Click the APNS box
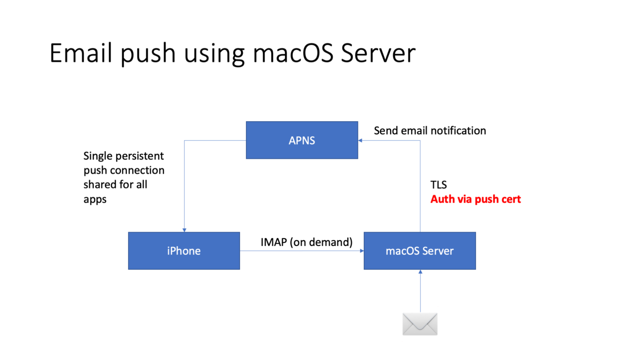(x=302, y=140)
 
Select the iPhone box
(x=184, y=250)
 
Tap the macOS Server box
(x=420, y=250)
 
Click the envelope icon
(x=420, y=324)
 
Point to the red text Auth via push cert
(x=475, y=199)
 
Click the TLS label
(x=438, y=185)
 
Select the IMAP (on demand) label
(x=306, y=242)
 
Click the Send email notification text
(x=430, y=130)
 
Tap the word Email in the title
(x=81, y=53)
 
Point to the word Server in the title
(x=378, y=53)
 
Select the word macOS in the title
(x=293, y=53)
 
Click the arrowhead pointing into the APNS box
(x=360, y=140)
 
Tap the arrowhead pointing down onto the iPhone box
(x=184, y=230)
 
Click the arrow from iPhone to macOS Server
(x=300, y=251)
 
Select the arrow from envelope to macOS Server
(x=420, y=292)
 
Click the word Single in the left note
(x=98, y=156)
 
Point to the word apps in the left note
(x=95, y=199)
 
